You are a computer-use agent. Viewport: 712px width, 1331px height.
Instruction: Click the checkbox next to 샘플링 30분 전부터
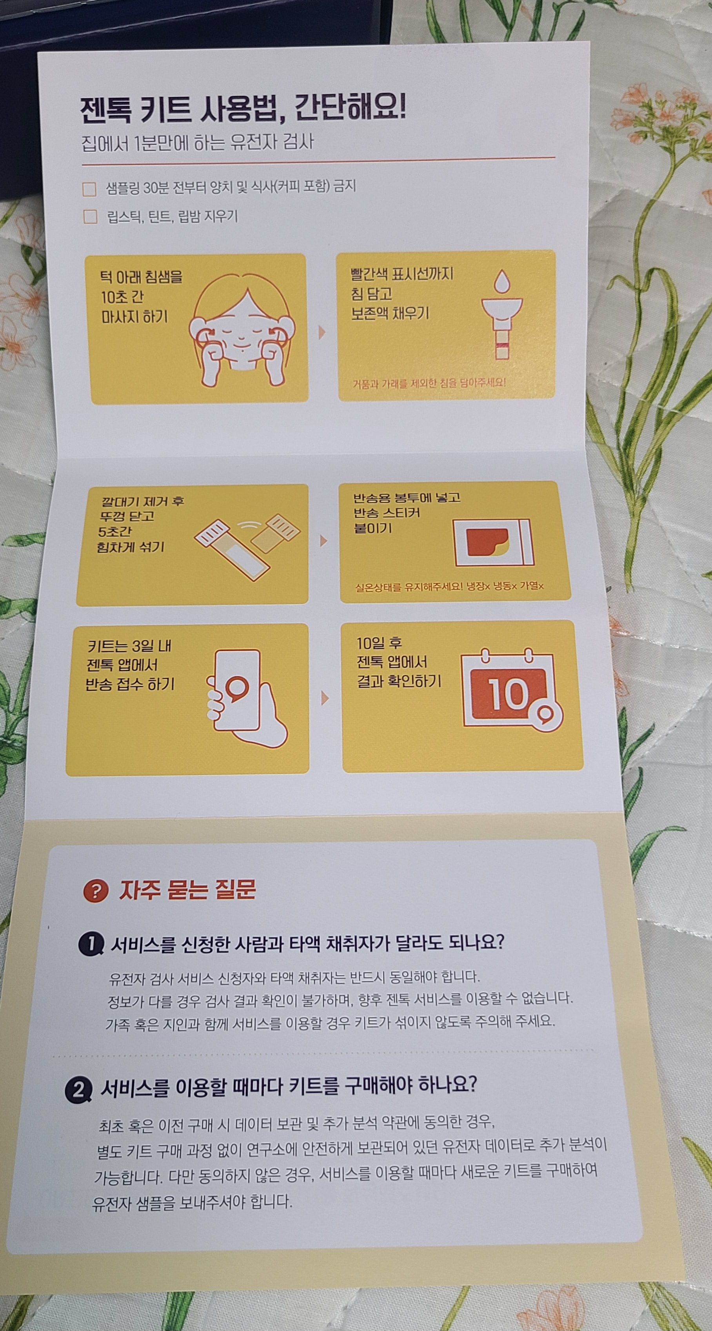click(x=89, y=189)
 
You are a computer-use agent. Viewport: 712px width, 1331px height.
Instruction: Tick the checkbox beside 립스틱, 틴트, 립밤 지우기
click(x=91, y=217)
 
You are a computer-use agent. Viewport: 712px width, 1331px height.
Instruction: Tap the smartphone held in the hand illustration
click(x=237, y=690)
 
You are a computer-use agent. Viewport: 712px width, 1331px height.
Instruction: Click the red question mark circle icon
click(x=96, y=890)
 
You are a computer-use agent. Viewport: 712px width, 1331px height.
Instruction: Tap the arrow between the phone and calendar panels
click(x=325, y=699)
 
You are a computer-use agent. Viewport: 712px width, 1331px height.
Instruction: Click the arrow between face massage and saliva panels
click(x=322, y=333)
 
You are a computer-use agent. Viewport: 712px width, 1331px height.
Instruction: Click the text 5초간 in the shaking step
click(x=115, y=531)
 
